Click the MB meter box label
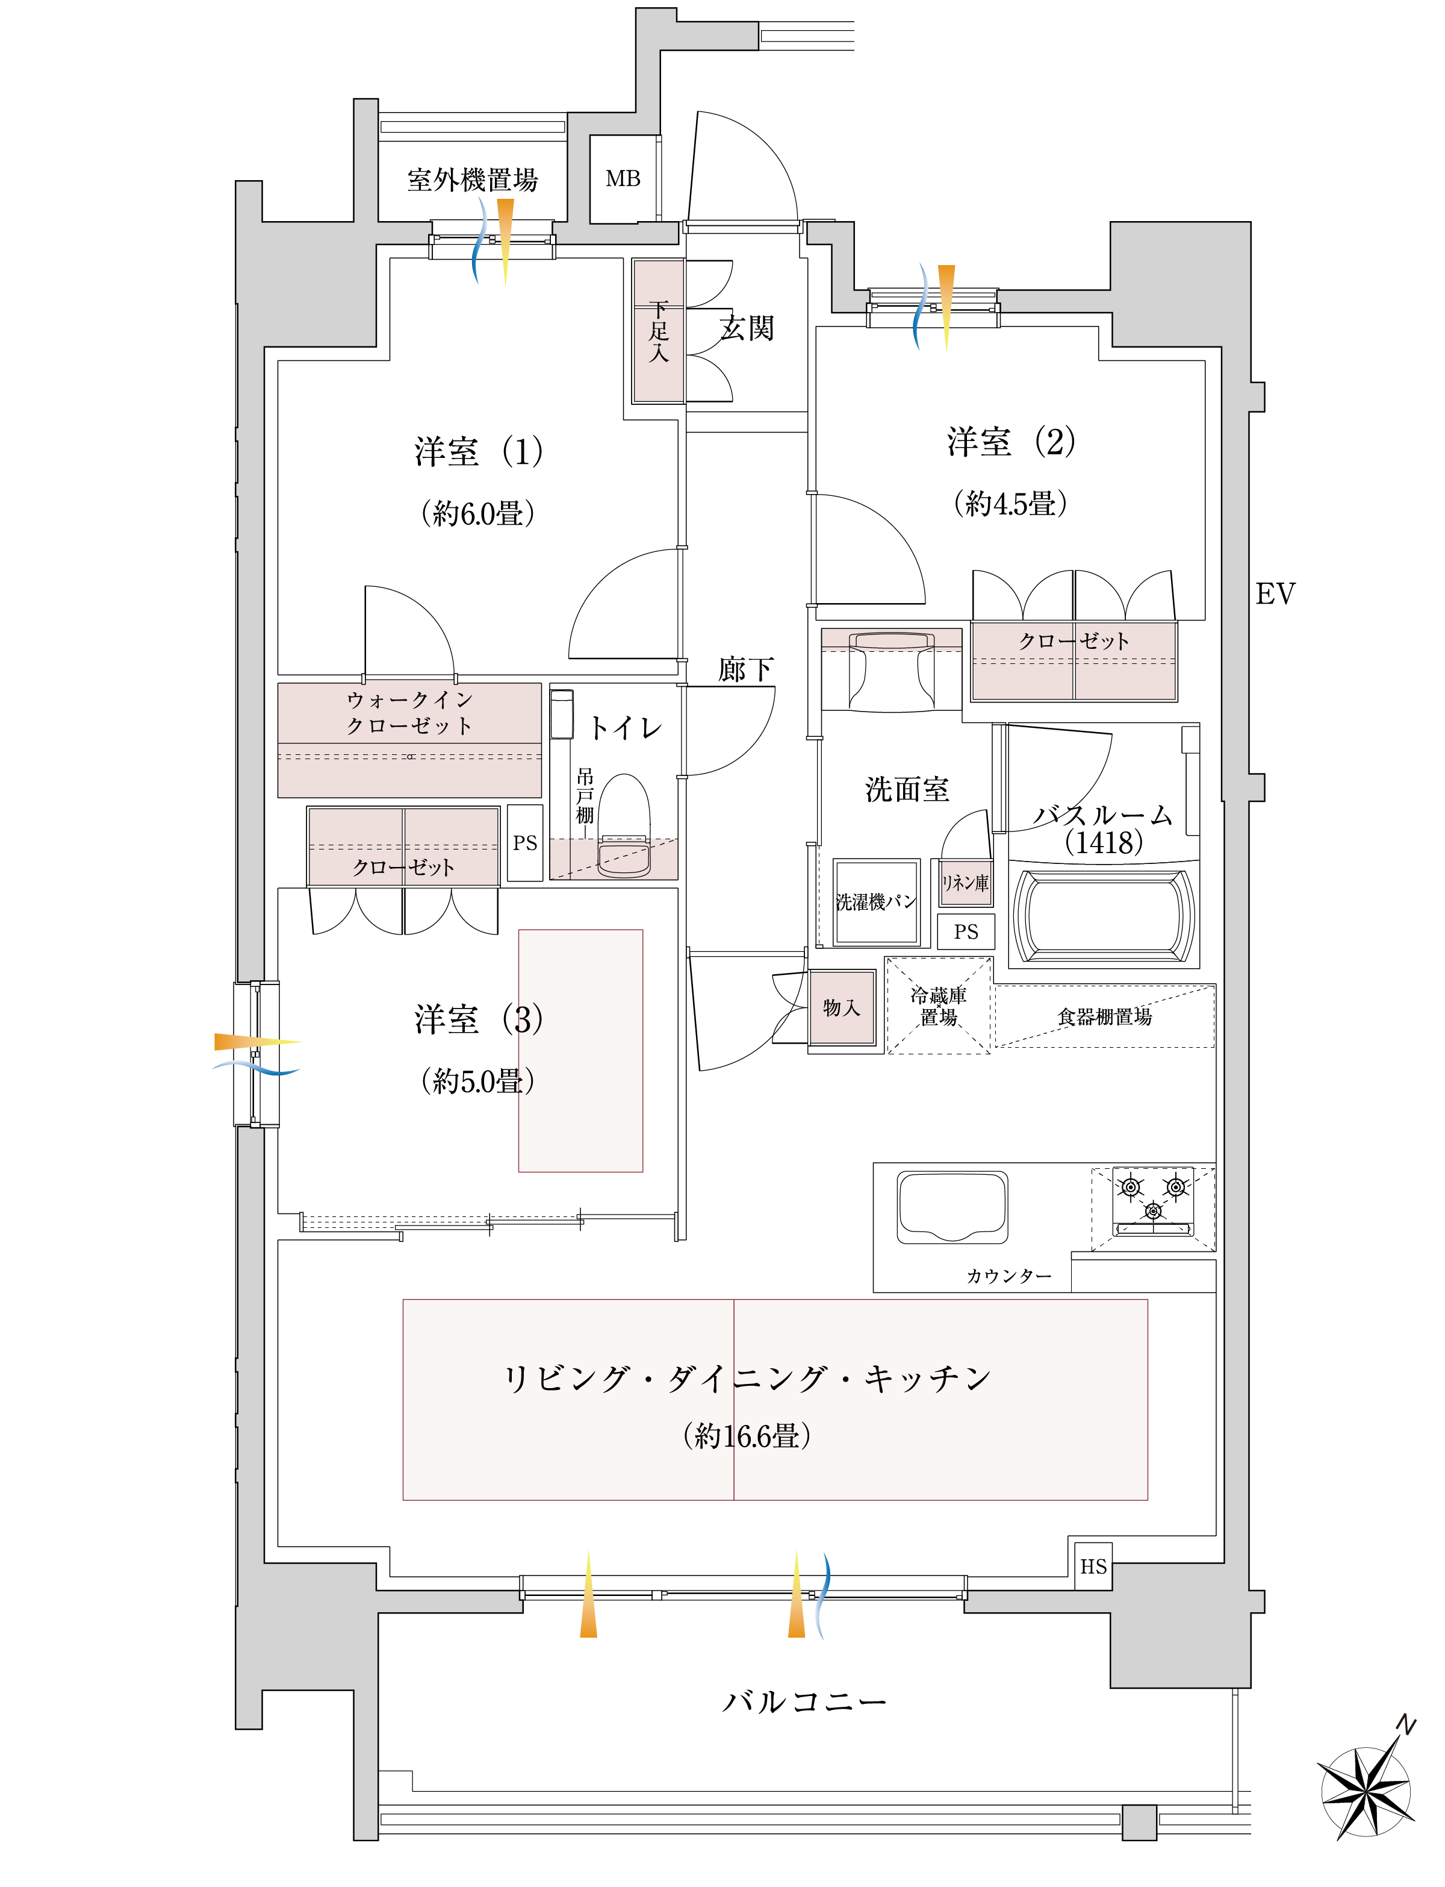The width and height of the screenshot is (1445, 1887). coord(623,179)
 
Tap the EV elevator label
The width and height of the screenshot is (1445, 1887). coord(1275,593)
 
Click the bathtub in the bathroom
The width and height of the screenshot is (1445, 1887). coord(1104,916)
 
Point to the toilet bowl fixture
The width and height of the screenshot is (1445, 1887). coord(624,826)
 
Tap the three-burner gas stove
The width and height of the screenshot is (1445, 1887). coord(1154,1201)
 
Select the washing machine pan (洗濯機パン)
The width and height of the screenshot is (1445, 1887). coord(877,902)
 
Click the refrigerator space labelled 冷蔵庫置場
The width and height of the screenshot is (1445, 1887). coord(939,1006)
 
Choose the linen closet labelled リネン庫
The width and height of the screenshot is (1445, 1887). coord(965,883)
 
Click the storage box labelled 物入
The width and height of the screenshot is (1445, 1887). coord(842,1007)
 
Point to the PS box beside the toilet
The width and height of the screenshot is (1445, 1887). coord(524,843)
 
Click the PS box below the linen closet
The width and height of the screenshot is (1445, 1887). coord(966,932)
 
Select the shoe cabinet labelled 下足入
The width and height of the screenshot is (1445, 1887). coord(658,331)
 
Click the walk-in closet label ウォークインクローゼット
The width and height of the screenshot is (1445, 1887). coord(409,713)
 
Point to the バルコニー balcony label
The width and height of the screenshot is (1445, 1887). coord(804,1702)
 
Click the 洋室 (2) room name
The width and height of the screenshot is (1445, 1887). coord(1011,442)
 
